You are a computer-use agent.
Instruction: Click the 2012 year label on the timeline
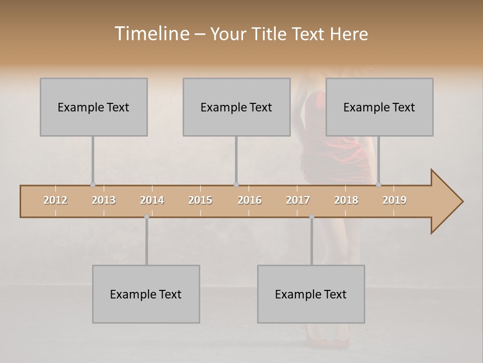[x=55, y=200]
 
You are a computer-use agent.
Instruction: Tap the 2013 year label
[x=104, y=200]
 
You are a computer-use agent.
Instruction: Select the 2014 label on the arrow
[x=152, y=200]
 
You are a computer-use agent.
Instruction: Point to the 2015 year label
[x=200, y=200]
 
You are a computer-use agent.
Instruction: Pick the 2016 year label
[x=250, y=200]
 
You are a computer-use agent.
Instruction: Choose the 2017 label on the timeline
[x=298, y=200]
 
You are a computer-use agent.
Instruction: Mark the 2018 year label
[x=346, y=200]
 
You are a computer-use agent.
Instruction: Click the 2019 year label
[x=394, y=200]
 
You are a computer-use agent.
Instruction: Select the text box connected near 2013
[x=94, y=107]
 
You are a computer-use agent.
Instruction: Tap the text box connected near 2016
[x=236, y=107]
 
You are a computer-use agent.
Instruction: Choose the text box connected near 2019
[x=379, y=107]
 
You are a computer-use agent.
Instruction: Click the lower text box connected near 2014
[x=146, y=294]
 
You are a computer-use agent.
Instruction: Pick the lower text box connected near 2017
[x=311, y=294]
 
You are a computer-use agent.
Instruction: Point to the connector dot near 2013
[x=93, y=185]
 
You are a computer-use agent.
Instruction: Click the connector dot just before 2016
[x=236, y=185]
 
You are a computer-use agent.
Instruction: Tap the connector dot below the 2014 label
[x=146, y=217]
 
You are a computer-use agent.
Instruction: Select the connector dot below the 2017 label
[x=311, y=217]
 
